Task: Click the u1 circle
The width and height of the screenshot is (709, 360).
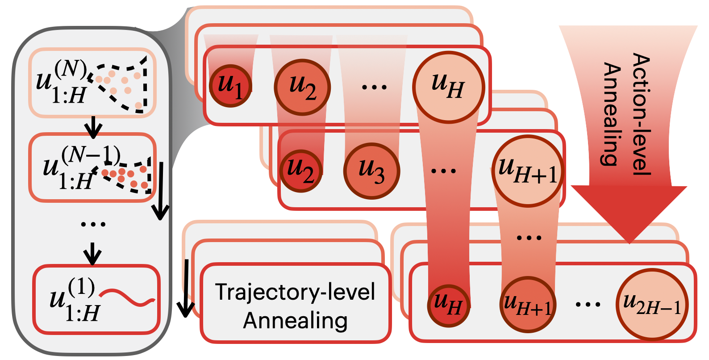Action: point(230,86)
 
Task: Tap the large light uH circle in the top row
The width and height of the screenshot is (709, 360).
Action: point(448,87)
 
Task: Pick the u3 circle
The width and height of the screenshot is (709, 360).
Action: point(371,171)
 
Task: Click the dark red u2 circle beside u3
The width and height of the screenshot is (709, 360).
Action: point(301,171)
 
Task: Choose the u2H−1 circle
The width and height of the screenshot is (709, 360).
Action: point(652,305)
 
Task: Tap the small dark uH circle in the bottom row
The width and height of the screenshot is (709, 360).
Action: point(448,305)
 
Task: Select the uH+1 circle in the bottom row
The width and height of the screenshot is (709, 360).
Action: point(528,305)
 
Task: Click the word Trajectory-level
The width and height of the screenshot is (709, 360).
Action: point(295,293)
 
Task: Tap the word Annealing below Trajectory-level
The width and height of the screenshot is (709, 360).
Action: point(295,321)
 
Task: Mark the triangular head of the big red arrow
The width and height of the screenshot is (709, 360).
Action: point(629,210)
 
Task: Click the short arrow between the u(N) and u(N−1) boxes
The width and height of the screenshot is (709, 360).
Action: point(93,127)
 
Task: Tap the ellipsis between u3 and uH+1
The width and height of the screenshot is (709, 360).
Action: point(443,171)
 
